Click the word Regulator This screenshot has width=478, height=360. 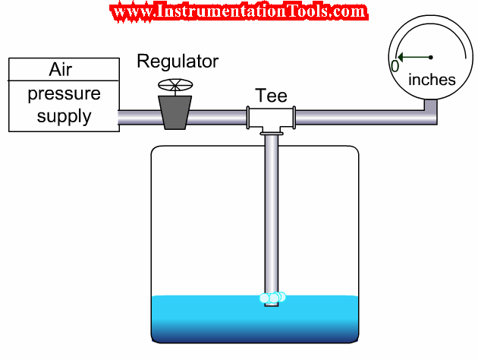178,62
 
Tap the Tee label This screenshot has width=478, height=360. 271,96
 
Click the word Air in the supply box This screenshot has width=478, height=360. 61,71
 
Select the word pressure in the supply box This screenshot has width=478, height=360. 64,95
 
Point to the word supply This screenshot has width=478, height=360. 64,116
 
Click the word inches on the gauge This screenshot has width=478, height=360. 432,80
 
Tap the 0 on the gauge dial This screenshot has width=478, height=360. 395,66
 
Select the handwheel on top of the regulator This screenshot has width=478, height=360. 175,84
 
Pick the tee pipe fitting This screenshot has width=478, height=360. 271,117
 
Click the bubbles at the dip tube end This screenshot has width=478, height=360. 272,297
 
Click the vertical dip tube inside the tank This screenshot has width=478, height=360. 271,213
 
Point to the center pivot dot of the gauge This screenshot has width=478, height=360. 431,57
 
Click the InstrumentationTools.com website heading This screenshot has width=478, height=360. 238,12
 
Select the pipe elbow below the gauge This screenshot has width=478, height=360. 431,114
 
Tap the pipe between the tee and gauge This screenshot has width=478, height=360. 357,117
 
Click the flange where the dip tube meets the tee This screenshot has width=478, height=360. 271,134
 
